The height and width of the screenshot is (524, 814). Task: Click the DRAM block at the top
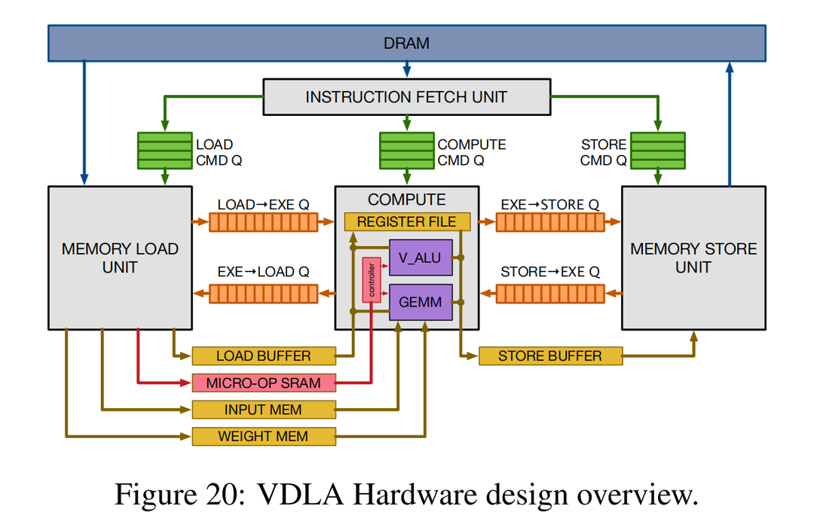click(x=406, y=43)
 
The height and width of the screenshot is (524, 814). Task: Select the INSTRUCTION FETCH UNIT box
click(x=406, y=97)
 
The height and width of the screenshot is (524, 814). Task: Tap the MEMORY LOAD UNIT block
click(x=120, y=257)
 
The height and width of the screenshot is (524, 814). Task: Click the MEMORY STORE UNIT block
click(x=693, y=257)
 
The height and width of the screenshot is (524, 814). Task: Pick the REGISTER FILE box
click(x=407, y=222)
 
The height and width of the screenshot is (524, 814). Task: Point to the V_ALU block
click(x=420, y=258)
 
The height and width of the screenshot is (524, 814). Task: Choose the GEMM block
click(x=420, y=302)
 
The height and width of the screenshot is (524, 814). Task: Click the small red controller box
click(x=371, y=280)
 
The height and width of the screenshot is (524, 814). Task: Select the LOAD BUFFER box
click(x=263, y=356)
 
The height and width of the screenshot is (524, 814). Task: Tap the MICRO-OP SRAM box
click(x=263, y=382)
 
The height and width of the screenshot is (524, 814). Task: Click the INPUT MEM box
click(x=263, y=410)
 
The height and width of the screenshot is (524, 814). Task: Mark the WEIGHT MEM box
click(x=263, y=436)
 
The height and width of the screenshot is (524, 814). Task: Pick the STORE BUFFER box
click(x=550, y=356)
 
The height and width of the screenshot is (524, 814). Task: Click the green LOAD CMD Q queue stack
click(x=164, y=151)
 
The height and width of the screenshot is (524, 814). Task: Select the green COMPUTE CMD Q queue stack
click(x=407, y=151)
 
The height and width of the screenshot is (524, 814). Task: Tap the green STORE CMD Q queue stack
click(x=657, y=151)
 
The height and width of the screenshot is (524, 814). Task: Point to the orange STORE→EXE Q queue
click(x=550, y=292)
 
